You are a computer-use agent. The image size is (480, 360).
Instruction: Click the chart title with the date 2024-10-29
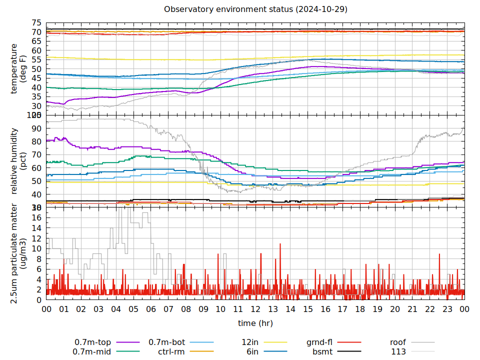click(x=255, y=9)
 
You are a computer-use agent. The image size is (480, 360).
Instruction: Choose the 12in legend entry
click(x=264, y=342)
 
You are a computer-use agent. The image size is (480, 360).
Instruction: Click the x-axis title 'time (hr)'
click(x=255, y=323)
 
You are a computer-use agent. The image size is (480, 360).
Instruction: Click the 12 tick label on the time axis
click(x=255, y=309)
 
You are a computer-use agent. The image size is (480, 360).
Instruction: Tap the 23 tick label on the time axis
click(x=447, y=309)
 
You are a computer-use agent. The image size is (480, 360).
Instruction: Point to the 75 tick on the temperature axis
click(x=36, y=23)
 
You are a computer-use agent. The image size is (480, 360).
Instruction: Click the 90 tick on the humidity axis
click(x=36, y=128)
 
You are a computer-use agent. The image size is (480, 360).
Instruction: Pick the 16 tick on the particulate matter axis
click(x=36, y=217)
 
